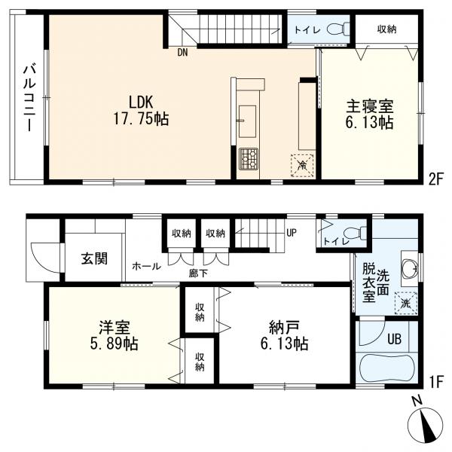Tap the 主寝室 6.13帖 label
(x=370, y=112)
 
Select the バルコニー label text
(x=29, y=97)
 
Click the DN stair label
(x=182, y=52)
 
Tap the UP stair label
(x=290, y=232)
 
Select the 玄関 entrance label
(x=94, y=258)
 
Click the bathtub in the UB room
(x=387, y=370)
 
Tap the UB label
(x=394, y=338)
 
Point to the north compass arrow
(x=430, y=426)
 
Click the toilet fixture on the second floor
(x=343, y=28)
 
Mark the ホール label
(x=145, y=266)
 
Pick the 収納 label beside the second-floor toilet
(x=386, y=29)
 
